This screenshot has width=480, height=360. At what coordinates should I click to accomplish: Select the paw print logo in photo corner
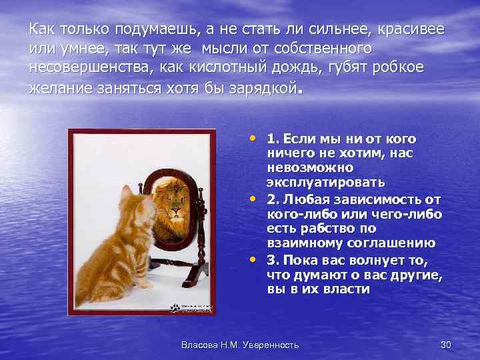[x=176, y=308]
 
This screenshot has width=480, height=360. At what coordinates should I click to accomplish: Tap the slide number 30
[x=446, y=344]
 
